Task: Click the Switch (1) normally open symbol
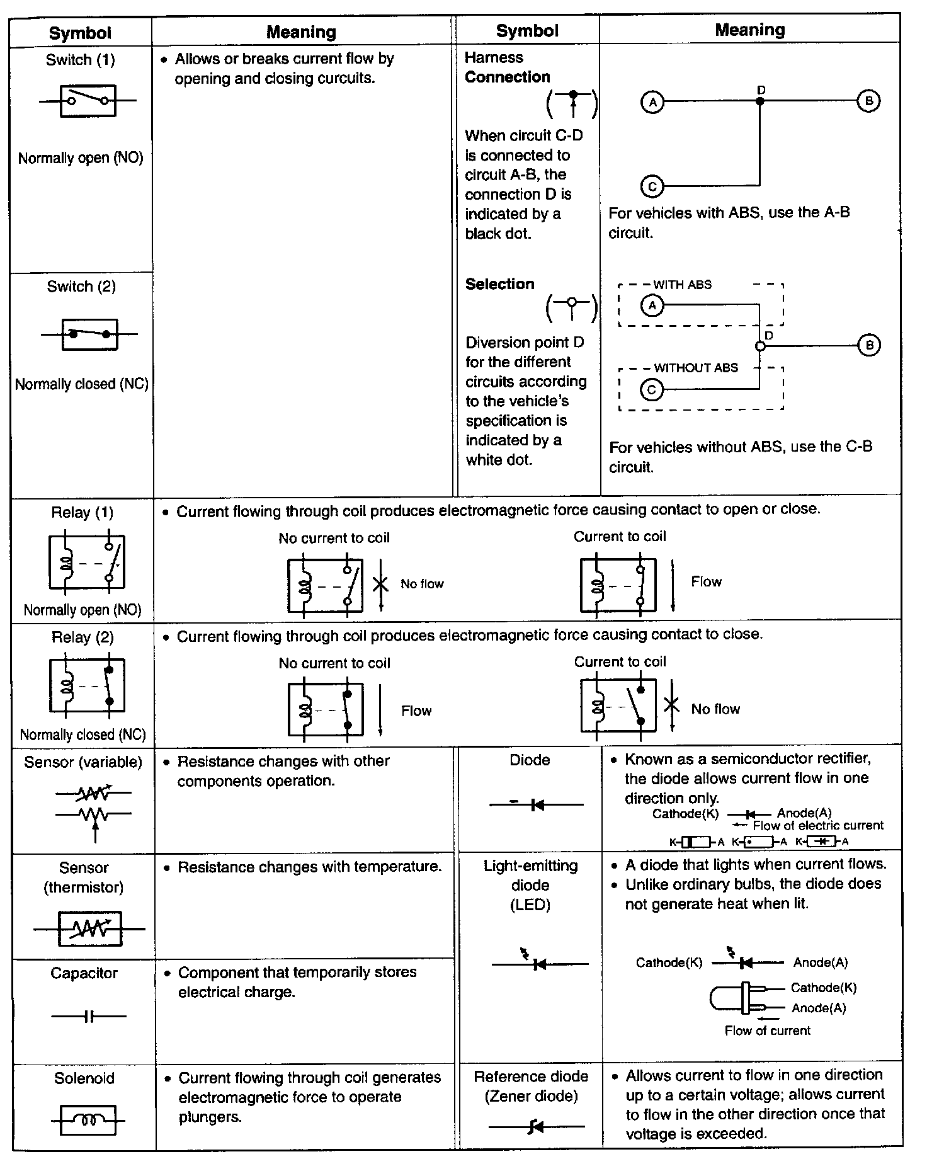pos(88,101)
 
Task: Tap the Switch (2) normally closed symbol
pos(89,334)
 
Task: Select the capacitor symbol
pos(89,1016)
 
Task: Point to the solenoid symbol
pos(88,1119)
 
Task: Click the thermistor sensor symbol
pos(89,929)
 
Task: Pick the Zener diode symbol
pos(537,1126)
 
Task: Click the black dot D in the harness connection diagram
pos(760,101)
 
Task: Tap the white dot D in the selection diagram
pos(760,346)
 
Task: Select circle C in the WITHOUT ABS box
pos(652,390)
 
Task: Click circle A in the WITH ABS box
pos(652,306)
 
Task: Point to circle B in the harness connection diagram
pos(868,101)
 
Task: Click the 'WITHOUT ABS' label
pos(696,368)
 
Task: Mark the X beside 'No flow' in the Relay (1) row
pos(380,584)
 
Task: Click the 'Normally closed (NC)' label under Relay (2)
pos(82,735)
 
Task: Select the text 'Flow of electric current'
pos(817,826)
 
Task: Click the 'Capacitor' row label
pos(84,973)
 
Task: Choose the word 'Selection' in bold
pos(499,284)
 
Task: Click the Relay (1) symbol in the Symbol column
pos(87,562)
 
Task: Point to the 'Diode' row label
pos(530,760)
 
